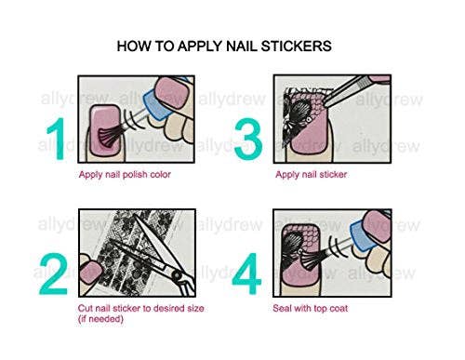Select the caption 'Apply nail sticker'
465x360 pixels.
point(320,173)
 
